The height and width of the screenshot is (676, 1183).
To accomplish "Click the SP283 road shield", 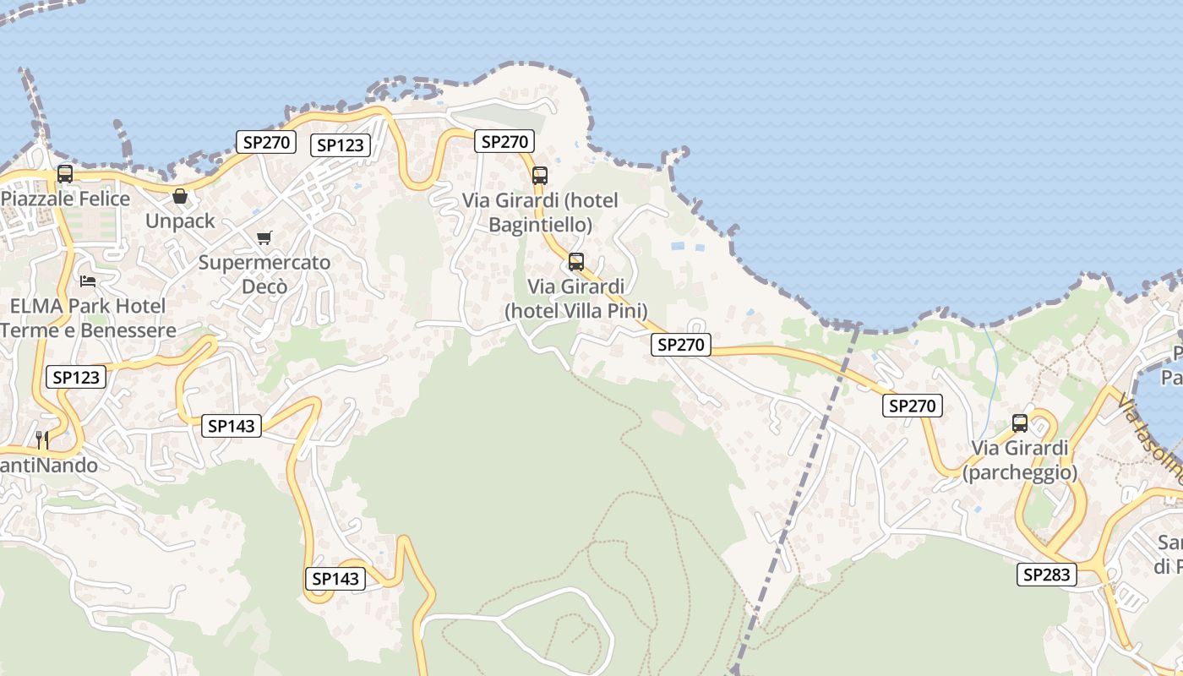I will (x=1047, y=575).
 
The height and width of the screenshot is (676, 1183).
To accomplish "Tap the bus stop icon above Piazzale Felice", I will (x=65, y=174).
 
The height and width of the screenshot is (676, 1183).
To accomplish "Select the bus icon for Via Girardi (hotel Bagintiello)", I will (x=540, y=176).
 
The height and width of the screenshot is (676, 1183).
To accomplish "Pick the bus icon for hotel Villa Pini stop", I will (x=576, y=262).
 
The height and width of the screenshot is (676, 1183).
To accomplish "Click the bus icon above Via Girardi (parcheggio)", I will (x=1020, y=423).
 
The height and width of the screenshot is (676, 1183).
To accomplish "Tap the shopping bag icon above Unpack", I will (x=180, y=197).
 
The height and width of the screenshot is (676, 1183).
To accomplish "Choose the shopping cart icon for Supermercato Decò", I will (x=264, y=238).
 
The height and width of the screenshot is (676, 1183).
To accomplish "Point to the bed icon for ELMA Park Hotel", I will (x=88, y=281).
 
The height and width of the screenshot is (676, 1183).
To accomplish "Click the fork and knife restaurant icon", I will (x=42, y=439).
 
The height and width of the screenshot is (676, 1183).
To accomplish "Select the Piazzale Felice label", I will (x=66, y=199).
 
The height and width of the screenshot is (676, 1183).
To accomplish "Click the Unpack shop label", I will (x=180, y=221).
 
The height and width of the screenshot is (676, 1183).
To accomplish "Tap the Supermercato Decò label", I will (x=264, y=275).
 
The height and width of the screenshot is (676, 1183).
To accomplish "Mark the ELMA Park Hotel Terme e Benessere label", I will (x=88, y=318).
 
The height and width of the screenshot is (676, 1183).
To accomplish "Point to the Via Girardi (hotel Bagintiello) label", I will (x=540, y=213).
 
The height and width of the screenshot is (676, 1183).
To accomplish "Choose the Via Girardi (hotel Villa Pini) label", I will (x=576, y=298).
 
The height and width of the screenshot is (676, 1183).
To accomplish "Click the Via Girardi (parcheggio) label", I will (x=1020, y=460).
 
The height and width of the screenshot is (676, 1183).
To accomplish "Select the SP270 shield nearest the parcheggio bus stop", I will (x=913, y=406).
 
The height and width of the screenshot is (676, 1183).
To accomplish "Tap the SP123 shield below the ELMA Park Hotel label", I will (x=76, y=377).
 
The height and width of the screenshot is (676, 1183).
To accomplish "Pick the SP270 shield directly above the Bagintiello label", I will (x=504, y=141).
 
